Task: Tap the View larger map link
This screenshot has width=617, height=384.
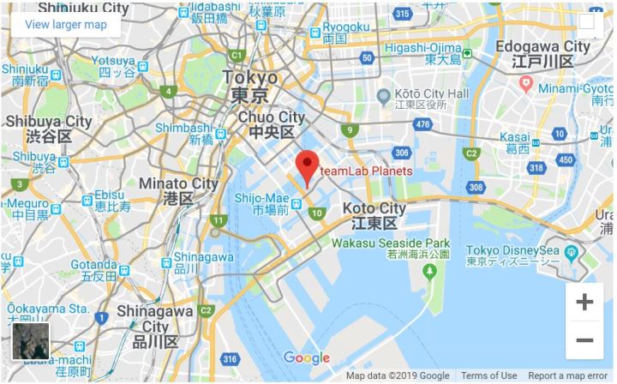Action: coord(66,24)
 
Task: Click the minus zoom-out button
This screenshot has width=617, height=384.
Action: coord(584,340)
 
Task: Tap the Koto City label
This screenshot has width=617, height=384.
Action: coord(374,215)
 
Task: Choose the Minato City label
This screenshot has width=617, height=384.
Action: coord(179,190)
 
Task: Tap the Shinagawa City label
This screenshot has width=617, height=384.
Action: coord(155,320)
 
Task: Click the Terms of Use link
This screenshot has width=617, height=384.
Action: coord(488,375)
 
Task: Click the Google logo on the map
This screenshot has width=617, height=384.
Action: coord(306,358)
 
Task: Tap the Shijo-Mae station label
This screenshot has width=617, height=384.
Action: coord(261,202)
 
